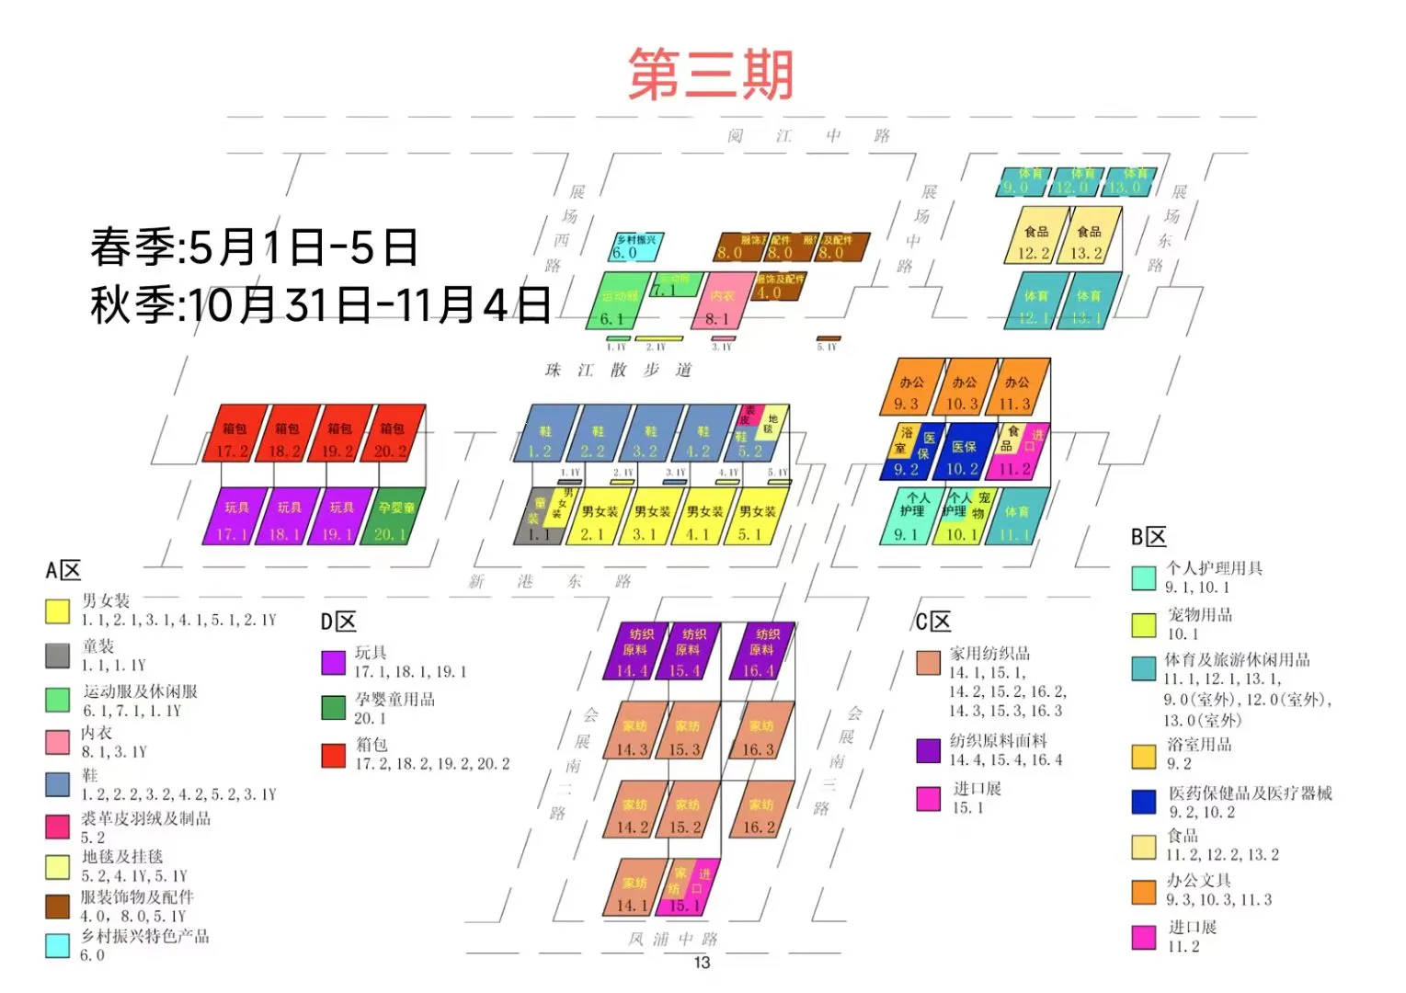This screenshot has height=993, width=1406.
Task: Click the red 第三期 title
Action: coord(710,74)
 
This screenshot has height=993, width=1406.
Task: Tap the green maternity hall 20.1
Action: coord(395,517)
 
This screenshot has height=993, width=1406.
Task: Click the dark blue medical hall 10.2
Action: coord(964,452)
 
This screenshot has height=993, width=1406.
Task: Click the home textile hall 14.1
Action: coord(634,889)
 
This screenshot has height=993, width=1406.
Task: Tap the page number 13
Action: coord(702,963)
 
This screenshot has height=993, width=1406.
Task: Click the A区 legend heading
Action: coord(63,571)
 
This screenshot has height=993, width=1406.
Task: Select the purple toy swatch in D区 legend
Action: coord(333,662)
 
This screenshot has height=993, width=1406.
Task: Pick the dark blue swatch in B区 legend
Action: coord(1143,801)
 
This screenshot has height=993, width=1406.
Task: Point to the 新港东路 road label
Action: coord(550,581)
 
